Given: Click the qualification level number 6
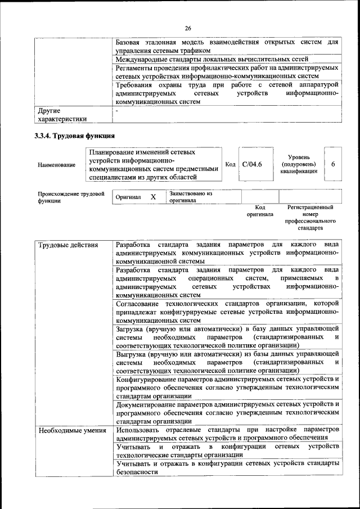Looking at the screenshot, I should coord(333,164).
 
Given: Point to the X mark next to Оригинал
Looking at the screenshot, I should coord(153,197).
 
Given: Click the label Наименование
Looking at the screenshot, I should coord(56,165).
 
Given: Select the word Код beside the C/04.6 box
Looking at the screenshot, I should coord(229,164).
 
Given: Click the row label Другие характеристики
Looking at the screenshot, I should coord(62,115).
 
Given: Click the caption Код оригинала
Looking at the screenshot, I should coord(259,211).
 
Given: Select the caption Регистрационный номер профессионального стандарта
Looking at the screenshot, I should coord(310,218).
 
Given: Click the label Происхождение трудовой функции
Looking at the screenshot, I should coord(71,197).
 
